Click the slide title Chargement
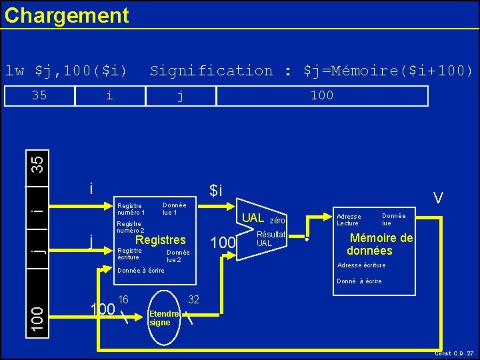pyautogui.click(x=67, y=15)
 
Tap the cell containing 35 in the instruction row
pyautogui.click(x=39, y=95)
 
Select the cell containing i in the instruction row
pyautogui.click(x=109, y=95)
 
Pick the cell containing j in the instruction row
pyautogui.click(x=180, y=95)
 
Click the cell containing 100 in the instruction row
pyautogui.click(x=322, y=95)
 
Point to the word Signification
pyautogui.click(x=211, y=71)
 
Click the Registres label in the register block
pyautogui.click(x=161, y=240)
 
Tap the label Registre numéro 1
pyautogui.click(x=131, y=209)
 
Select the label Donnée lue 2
pyautogui.click(x=178, y=256)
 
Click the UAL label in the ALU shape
pyautogui.click(x=253, y=218)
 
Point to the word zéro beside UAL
pyautogui.click(x=277, y=220)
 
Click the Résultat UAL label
pyautogui.click(x=271, y=239)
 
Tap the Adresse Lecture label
pyautogui.click(x=349, y=219)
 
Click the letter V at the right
pyautogui.click(x=438, y=197)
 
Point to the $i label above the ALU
pyautogui.click(x=215, y=191)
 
